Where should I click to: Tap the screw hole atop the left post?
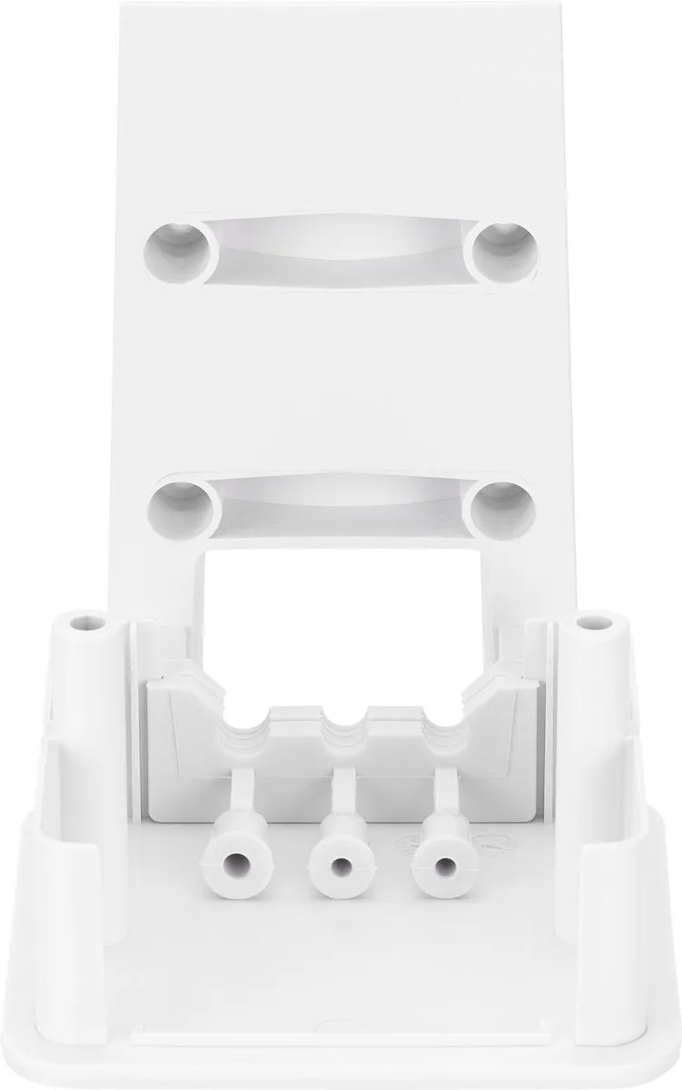coord(88,624)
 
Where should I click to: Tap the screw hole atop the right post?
coord(595,624)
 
